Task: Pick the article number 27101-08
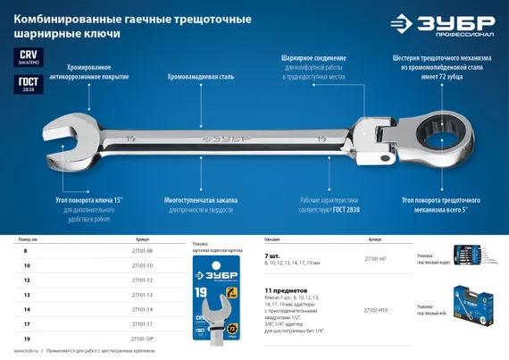coord(143,251)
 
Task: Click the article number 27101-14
coord(143,309)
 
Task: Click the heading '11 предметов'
coord(285,291)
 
